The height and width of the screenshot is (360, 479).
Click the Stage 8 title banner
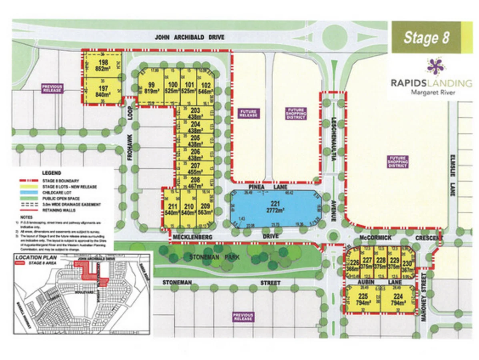click(426, 37)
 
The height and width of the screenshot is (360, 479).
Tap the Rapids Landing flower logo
click(435, 67)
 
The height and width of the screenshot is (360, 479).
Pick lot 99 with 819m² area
click(151, 87)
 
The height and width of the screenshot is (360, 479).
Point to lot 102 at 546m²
click(206, 87)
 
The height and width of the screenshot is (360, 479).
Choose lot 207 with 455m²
click(195, 168)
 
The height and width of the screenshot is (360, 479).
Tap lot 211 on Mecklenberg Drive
click(172, 209)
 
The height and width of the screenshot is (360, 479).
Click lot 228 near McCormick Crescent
click(381, 264)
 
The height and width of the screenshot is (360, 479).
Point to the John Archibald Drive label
click(189, 37)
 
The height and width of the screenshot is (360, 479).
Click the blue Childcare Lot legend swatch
click(23, 192)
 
